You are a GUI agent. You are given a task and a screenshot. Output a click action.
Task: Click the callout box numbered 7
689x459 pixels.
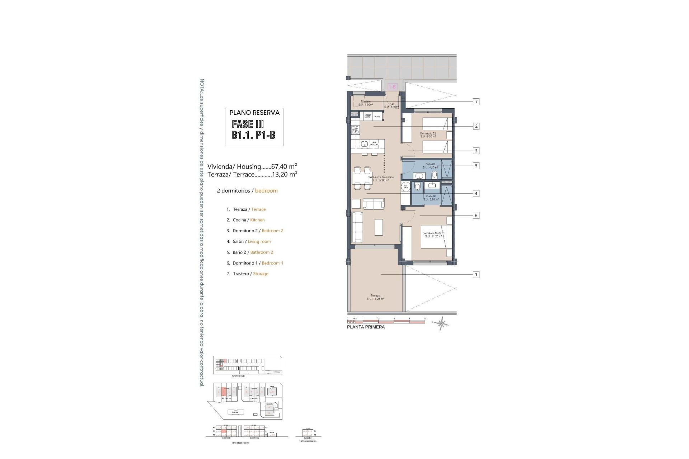pos(476,102)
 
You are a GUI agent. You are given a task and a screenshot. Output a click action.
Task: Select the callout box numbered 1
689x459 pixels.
pos(476,275)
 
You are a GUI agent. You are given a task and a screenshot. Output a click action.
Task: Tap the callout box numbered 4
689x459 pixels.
pos(476,194)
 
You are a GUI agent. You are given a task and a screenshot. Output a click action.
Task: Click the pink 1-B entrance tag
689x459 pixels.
pos(393,87)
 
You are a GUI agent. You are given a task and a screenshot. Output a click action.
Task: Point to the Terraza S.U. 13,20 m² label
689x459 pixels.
pos(375,297)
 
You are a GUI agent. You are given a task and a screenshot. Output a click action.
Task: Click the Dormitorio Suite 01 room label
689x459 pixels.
pos(433,235)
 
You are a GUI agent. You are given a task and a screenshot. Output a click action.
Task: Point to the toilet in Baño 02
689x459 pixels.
pos(435,175)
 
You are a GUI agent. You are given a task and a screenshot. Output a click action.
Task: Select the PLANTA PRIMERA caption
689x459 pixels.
pos(366,327)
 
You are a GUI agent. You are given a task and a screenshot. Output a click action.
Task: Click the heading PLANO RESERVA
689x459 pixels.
pos(254,113)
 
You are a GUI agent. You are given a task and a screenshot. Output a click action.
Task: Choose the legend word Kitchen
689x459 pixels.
pos(257,220)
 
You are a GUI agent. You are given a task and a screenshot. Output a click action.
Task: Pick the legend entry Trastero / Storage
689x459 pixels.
pos(248,274)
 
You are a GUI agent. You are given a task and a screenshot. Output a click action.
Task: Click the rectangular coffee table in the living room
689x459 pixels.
pos(379,227)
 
